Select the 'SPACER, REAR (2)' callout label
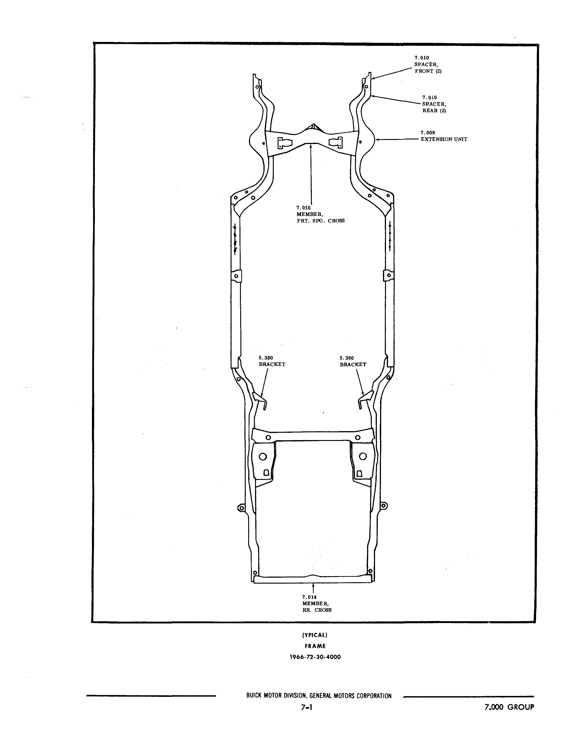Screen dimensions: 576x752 click(x=434, y=104)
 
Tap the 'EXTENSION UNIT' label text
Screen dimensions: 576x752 click(x=444, y=139)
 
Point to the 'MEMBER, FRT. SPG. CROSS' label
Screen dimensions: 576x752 click(x=321, y=214)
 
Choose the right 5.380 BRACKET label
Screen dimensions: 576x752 click(x=353, y=361)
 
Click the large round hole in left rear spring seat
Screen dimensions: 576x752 click(x=263, y=456)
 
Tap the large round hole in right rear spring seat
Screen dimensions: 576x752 click(x=362, y=456)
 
